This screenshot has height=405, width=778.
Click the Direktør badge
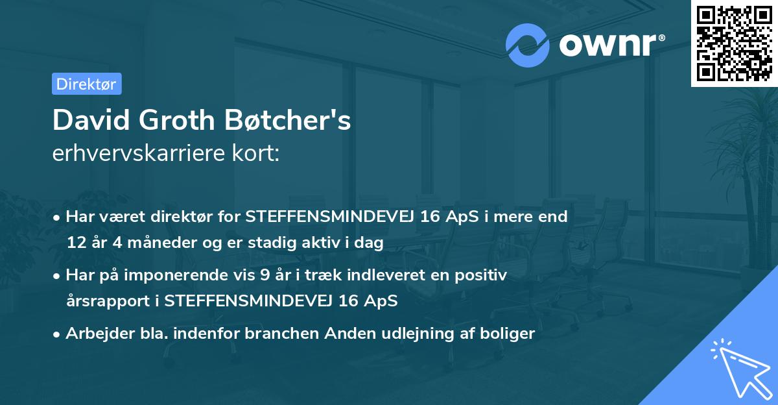86,84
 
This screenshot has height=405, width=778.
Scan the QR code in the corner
734,43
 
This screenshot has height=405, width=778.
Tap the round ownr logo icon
528,45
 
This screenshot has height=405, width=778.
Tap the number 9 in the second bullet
265,275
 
